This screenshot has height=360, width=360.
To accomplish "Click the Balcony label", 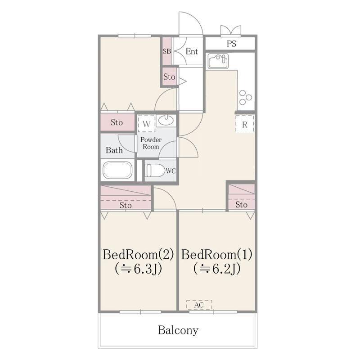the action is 178,330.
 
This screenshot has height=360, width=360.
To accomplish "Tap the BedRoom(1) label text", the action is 217,254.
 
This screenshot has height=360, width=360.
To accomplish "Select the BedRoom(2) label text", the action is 138,254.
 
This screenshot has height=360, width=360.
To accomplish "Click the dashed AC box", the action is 199,305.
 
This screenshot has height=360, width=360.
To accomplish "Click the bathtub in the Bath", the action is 117,170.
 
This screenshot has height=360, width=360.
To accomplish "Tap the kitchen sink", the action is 218,61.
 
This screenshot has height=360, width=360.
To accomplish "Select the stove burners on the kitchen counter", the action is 245,97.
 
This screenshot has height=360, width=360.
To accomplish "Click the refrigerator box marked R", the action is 245,124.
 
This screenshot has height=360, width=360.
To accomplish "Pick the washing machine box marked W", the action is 147,124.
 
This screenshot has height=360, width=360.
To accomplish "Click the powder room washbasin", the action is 166,120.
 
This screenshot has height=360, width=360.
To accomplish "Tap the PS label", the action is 231,44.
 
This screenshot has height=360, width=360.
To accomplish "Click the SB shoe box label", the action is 167,51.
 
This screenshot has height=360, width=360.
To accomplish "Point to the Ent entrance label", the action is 192,51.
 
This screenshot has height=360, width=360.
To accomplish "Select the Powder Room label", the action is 151,143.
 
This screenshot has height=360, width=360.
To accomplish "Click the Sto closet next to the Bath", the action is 117,122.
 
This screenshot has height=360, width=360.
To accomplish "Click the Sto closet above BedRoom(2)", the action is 126,198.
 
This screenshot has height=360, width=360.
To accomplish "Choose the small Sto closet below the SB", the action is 170,76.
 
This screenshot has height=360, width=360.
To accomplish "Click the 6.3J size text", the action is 138,269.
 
